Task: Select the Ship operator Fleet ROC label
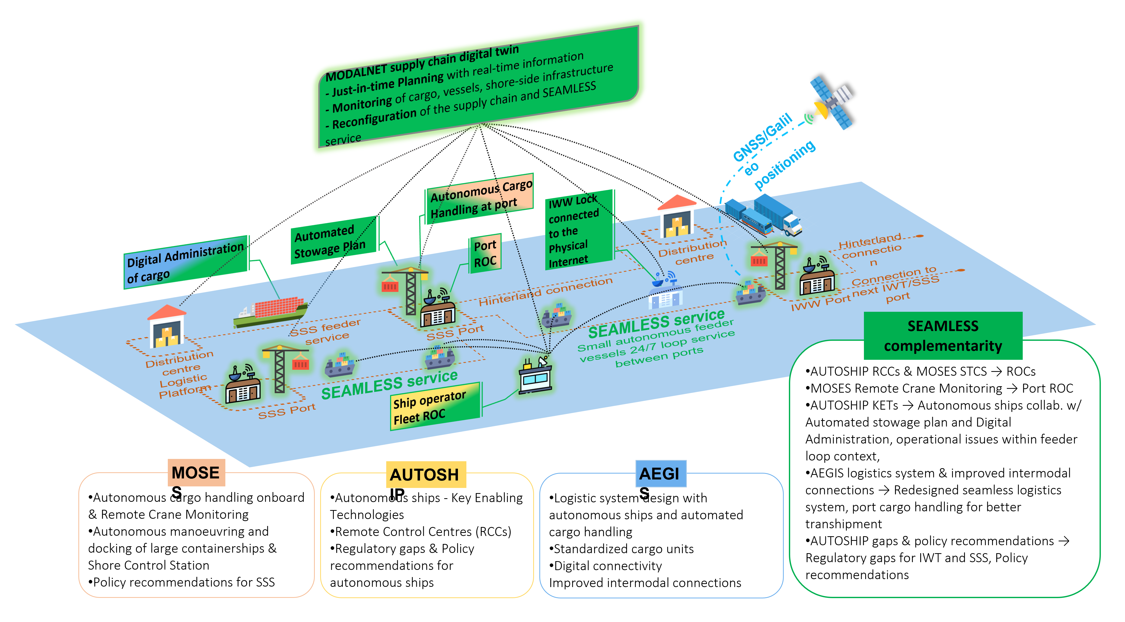pos(435,407)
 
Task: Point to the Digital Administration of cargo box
pos(186,263)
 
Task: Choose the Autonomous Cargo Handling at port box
pos(479,199)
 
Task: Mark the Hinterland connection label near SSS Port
pos(545,291)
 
